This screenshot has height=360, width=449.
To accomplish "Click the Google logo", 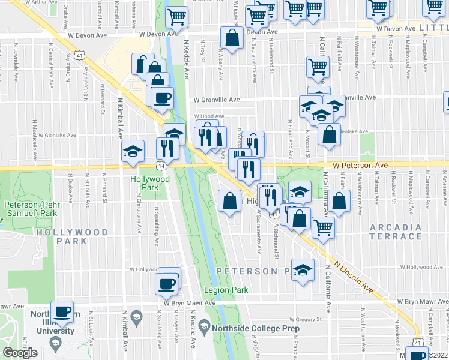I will click(20, 353).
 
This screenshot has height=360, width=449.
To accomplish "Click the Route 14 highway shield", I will click(162, 165).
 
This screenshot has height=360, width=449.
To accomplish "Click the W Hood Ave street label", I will click(208, 116).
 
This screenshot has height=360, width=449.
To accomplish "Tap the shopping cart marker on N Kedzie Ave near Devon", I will click(177, 17).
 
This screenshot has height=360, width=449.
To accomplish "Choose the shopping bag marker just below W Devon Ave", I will click(232, 39).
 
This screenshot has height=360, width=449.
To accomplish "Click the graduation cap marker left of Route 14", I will click(133, 152).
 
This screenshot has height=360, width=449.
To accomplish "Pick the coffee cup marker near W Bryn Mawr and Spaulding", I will click(166, 283).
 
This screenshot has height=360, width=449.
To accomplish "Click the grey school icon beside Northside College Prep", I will click(204, 328).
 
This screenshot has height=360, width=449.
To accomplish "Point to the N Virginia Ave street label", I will click(256, 346).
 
